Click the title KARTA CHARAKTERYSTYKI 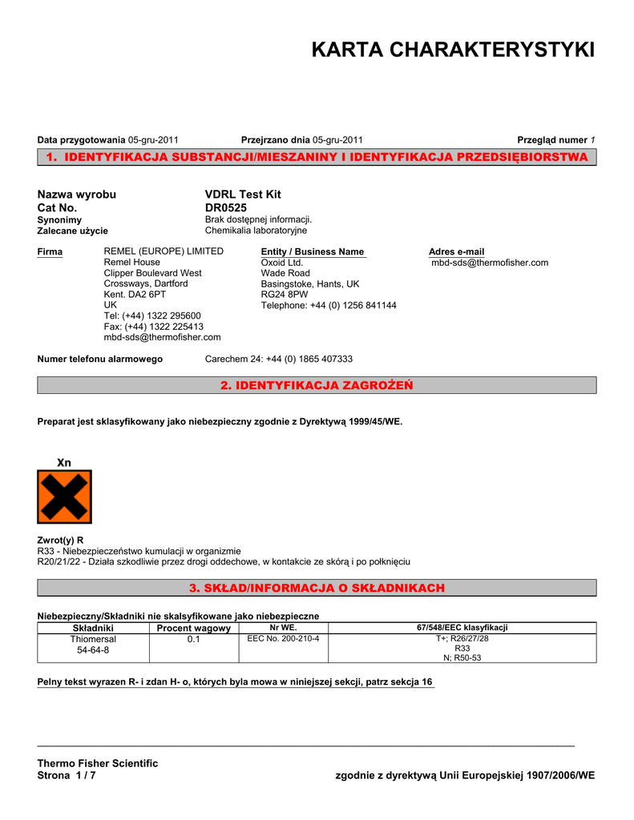coord(453,50)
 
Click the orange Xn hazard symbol coord(64,496)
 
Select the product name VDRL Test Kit coord(243,195)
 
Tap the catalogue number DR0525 coord(226,207)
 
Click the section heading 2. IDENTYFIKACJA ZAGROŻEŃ coord(317,386)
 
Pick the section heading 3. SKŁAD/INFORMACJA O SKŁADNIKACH coord(317,589)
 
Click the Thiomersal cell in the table coord(93,639)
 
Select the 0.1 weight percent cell coord(193,639)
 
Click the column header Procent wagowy coord(193,629)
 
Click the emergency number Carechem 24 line coord(279,359)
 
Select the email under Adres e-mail coord(490,263)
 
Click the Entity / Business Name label coord(313,251)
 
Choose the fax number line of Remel coord(153,327)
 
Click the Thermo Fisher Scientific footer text coord(98,763)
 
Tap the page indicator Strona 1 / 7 coord(67,775)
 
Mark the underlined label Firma coord(50,251)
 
